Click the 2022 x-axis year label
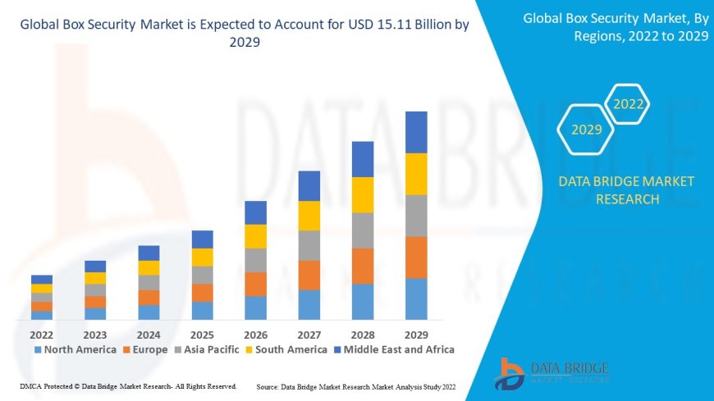(41, 335)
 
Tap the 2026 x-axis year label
(255, 335)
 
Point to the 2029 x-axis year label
(416, 335)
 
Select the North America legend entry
(75, 349)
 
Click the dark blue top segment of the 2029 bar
(416, 132)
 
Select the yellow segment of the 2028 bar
(363, 194)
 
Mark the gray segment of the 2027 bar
(309, 245)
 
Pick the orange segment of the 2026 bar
(255, 284)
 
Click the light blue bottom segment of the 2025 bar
(202, 310)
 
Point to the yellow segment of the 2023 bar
(95, 278)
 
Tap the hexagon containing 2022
(629, 104)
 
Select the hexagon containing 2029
(587, 130)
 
